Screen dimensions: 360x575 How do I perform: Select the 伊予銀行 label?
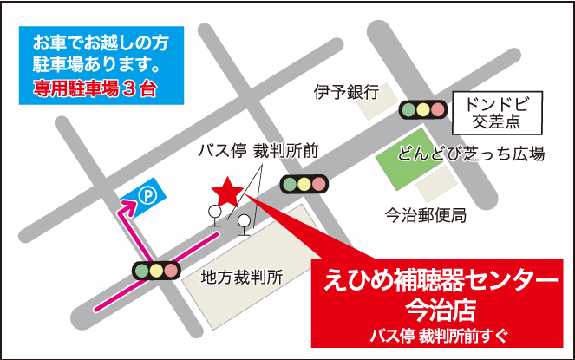click(x=347, y=91)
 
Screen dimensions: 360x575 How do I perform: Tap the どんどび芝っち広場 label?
click(x=472, y=154)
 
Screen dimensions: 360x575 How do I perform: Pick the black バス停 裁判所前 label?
click(x=258, y=150)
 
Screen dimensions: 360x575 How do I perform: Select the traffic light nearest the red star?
click(x=304, y=183)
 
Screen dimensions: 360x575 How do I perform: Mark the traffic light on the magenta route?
click(x=157, y=270)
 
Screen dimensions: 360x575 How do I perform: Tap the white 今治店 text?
click(x=441, y=309)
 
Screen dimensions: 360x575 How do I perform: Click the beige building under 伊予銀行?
click(x=378, y=101)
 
